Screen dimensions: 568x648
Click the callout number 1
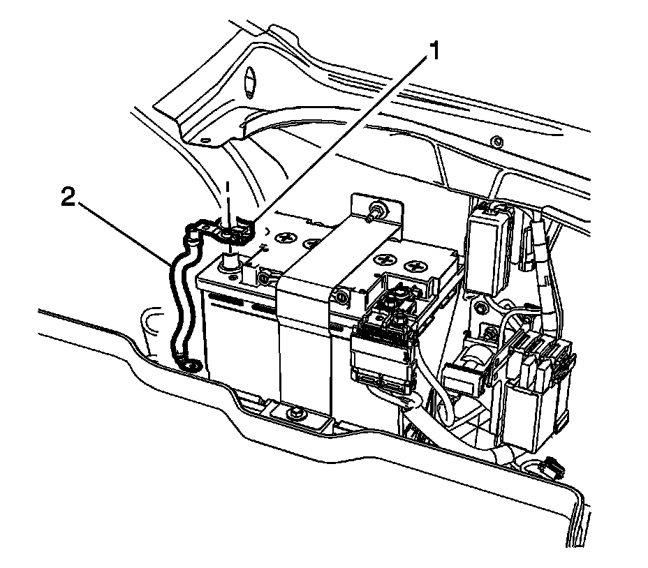434,51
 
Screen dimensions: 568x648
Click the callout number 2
68,198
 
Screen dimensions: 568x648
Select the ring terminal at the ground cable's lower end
191,363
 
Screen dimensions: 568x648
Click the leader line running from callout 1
335,140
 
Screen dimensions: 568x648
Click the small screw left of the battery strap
263,279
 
